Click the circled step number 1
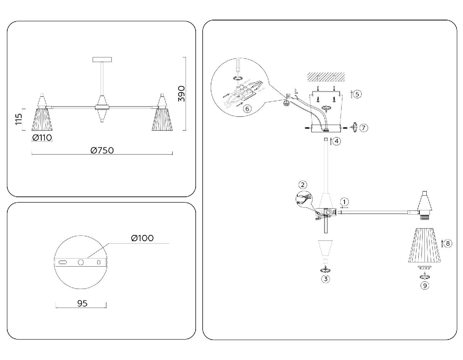345,201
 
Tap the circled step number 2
303,185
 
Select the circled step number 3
326,278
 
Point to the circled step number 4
337,141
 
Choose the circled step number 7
363,128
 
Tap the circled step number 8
448,243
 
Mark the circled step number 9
425,286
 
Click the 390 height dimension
182,94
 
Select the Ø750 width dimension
102,150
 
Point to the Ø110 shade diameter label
42,138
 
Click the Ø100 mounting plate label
142,238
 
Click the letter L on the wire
296,91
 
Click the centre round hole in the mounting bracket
81,262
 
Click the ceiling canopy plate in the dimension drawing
102,60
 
